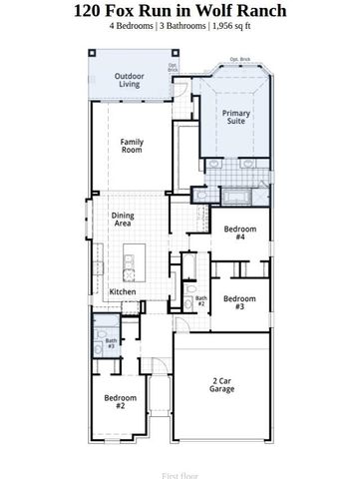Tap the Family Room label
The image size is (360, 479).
coord(132,146)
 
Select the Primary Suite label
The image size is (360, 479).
coord(235,117)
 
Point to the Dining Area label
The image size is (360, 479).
coord(124,220)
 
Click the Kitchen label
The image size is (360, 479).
coord(123,291)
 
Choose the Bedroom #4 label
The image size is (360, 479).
coord(239,234)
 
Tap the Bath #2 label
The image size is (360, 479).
coord(200,300)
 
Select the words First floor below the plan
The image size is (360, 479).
coord(180,464)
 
